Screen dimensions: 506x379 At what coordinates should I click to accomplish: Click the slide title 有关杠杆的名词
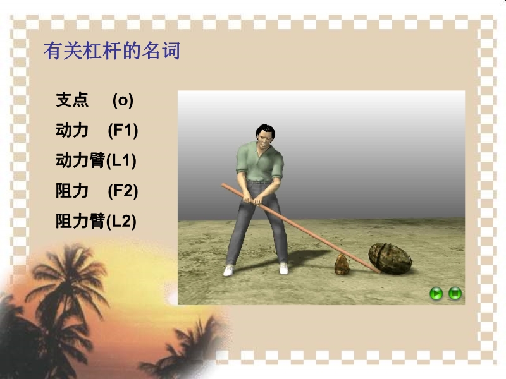point(112,51)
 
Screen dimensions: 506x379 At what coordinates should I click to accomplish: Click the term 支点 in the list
point(72,100)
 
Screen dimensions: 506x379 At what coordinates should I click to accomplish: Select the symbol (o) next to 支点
point(123,100)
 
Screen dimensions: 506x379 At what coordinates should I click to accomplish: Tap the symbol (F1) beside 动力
point(123,131)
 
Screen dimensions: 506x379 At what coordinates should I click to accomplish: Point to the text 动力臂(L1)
point(96,160)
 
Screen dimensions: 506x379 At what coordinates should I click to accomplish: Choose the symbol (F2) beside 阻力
point(123,191)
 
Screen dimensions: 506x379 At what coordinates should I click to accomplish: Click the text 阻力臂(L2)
point(96,221)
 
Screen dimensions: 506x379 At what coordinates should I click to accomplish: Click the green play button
point(436,294)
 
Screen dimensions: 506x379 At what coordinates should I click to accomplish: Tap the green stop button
point(455,294)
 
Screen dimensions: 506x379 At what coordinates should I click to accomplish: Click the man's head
point(265,135)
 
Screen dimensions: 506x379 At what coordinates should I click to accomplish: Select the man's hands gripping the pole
point(252,200)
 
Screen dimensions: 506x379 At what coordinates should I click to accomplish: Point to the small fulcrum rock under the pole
point(341,265)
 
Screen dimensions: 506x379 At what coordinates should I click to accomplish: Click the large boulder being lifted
point(390,258)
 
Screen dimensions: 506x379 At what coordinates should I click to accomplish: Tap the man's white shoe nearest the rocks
point(283,268)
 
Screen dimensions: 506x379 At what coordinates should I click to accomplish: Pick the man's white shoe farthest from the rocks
point(228,270)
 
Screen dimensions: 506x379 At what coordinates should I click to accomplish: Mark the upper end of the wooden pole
point(223,185)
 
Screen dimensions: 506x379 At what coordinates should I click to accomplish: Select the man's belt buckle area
point(257,183)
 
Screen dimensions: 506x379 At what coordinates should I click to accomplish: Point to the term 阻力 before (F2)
point(72,191)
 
